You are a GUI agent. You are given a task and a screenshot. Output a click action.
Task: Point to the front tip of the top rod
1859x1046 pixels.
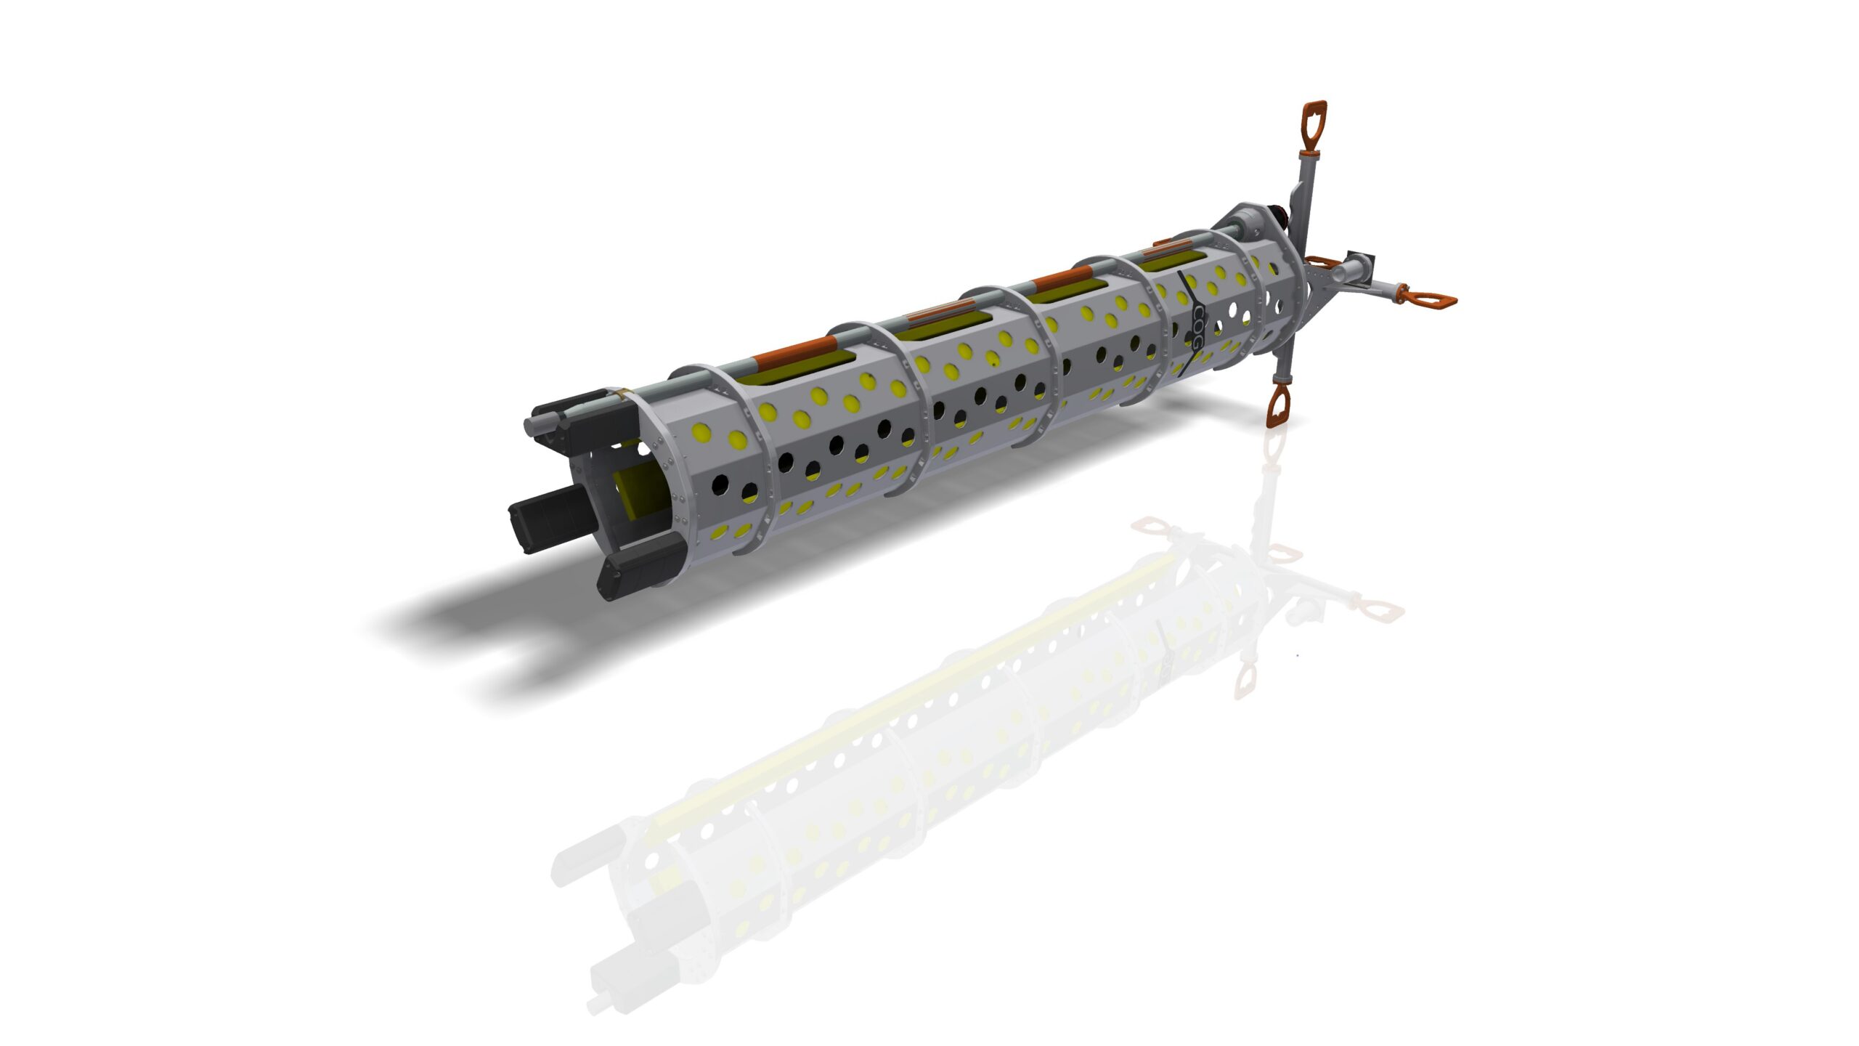pyautogui.click(x=534, y=423)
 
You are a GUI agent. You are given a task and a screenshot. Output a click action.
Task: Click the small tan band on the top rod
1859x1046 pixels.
pyautogui.click(x=618, y=395)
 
